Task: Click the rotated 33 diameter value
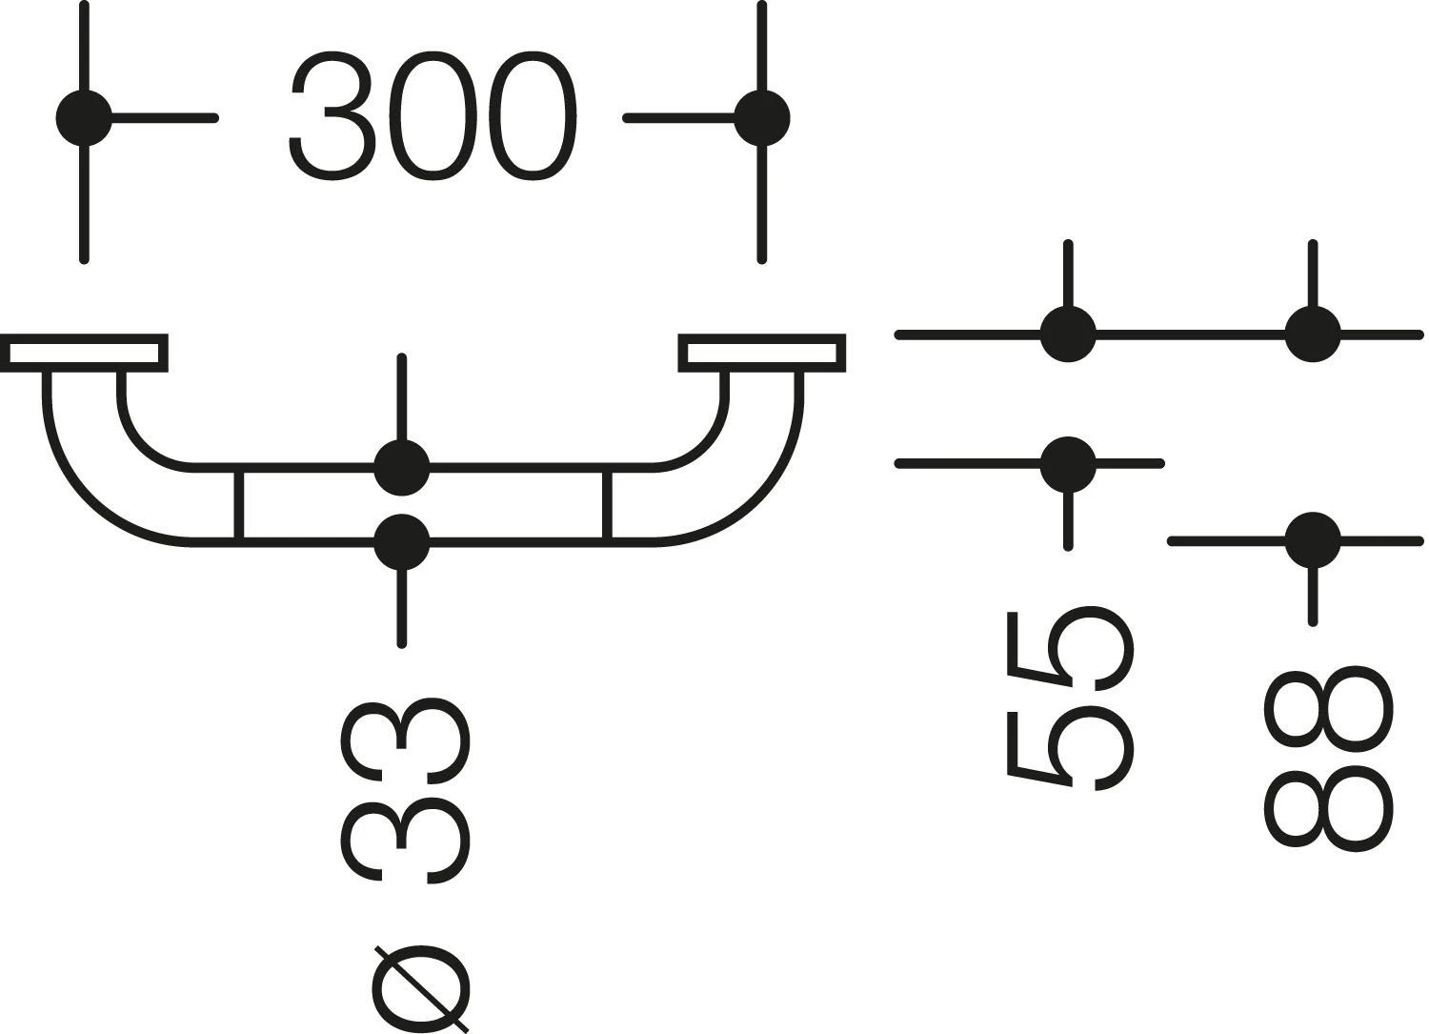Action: [405, 791]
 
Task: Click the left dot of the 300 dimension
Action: [85, 118]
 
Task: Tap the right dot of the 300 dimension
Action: [761, 118]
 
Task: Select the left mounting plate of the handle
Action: [84, 353]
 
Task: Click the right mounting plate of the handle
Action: [762, 353]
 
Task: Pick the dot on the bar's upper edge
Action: [402, 467]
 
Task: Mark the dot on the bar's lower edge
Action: [402, 541]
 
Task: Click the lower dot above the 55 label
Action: [1068, 464]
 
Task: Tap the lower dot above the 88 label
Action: [1313, 540]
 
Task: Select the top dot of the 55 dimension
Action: [1068, 335]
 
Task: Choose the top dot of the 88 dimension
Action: [1313, 335]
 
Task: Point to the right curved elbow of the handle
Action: [739, 467]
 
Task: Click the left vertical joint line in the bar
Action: [239, 504]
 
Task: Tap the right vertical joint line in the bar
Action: [607, 504]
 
